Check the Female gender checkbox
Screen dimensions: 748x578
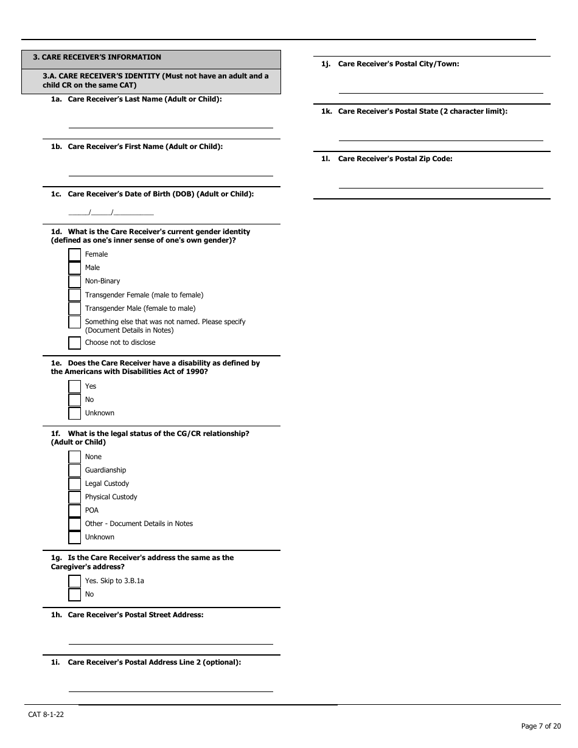click(x=74, y=254)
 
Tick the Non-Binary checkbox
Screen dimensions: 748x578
click(x=74, y=282)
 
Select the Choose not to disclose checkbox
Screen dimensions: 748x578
click(x=74, y=343)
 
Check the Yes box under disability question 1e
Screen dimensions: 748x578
click(x=74, y=387)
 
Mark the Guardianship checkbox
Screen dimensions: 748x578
click(x=74, y=471)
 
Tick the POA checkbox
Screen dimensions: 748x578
click(x=74, y=511)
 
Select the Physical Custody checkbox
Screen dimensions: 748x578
click(x=74, y=497)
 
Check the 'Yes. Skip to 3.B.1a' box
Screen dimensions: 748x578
click(x=74, y=581)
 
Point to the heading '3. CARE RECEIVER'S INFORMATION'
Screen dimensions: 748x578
click(x=97, y=57)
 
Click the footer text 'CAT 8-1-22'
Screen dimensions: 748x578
click(x=46, y=715)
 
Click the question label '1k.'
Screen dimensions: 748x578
click(x=326, y=111)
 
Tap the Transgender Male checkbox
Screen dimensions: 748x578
click(x=74, y=308)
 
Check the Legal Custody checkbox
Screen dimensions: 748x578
click(x=74, y=484)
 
